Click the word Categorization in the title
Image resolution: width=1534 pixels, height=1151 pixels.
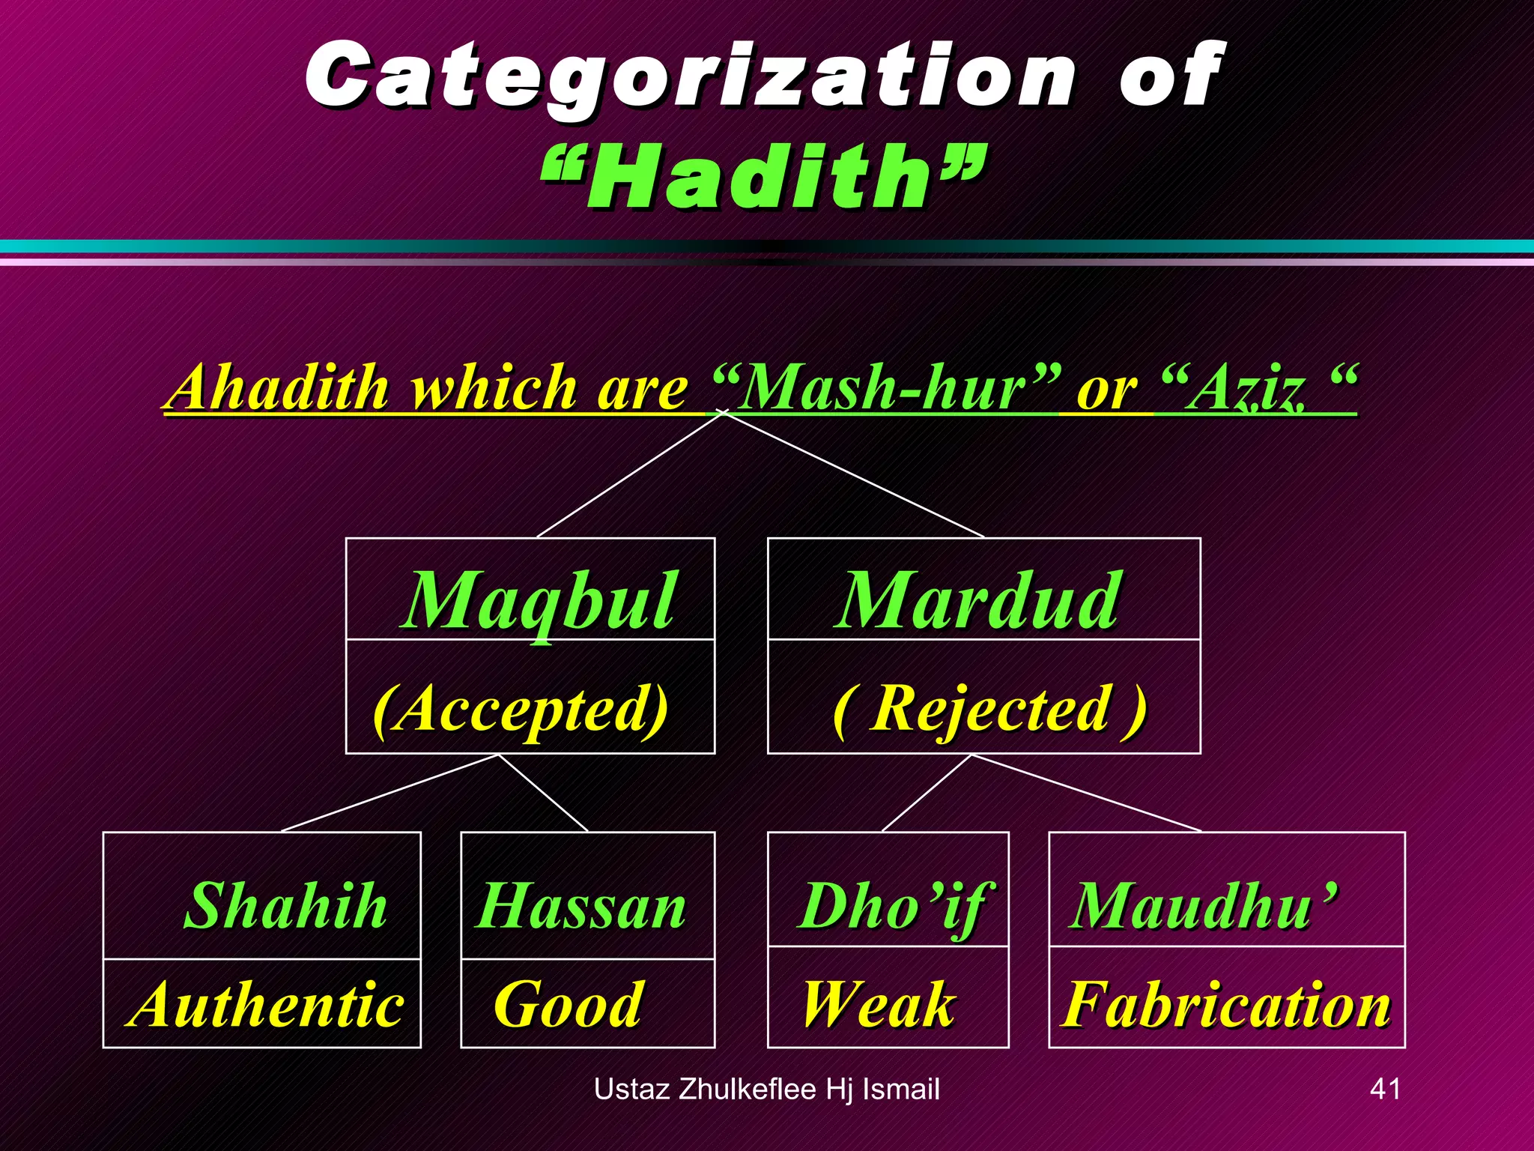pos(689,75)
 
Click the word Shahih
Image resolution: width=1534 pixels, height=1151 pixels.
pos(285,905)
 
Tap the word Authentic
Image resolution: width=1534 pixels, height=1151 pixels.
pos(266,1004)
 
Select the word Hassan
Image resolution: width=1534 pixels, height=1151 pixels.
pos(580,905)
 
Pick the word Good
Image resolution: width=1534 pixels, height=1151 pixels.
pos(568,1004)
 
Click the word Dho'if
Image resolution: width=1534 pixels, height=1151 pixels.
pos(895,905)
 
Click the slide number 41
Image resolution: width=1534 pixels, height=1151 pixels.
pos(1384,1088)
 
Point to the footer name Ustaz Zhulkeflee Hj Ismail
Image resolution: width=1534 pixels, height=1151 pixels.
pos(766,1089)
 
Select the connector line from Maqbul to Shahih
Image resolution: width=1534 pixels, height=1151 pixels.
pos(389,793)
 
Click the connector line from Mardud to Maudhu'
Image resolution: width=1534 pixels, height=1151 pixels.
pos(1086,793)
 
